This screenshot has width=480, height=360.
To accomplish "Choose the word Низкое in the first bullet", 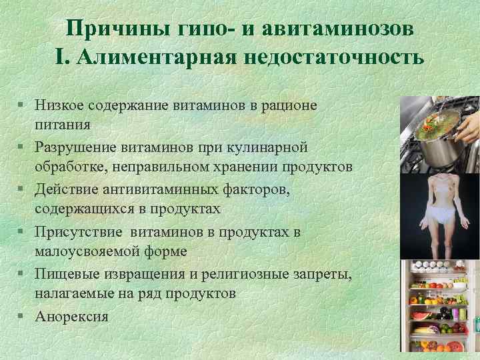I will [60, 106].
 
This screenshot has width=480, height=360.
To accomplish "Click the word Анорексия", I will [72, 315].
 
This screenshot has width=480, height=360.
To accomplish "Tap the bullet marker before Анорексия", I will [23, 315].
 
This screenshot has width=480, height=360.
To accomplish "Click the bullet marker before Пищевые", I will [23, 273].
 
